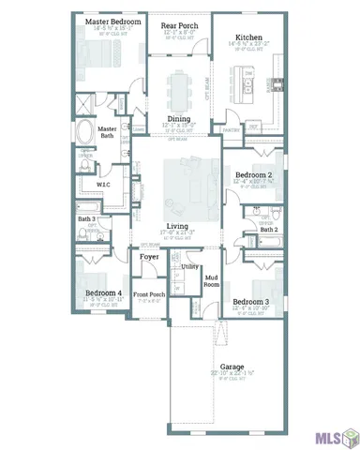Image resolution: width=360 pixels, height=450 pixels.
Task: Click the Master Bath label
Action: [108, 133]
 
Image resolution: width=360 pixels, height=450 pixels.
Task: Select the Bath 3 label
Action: [88, 218]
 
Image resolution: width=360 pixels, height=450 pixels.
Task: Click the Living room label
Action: [177, 226]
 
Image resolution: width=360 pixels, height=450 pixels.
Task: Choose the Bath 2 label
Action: [269, 229]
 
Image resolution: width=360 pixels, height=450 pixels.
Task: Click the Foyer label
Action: [149, 256]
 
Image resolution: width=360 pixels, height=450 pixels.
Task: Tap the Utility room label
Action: [190, 267]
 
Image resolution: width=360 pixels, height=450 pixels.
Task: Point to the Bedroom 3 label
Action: [250, 301]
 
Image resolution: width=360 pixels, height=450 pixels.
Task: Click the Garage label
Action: [232, 367]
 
